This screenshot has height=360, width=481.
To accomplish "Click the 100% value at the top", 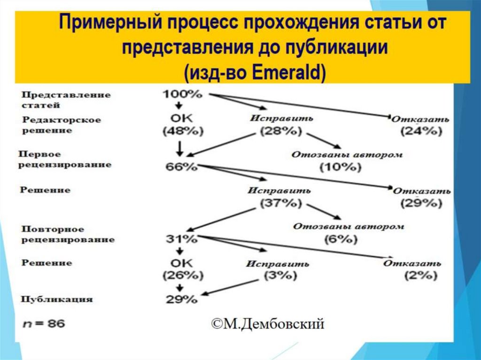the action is click(x=183, y=94).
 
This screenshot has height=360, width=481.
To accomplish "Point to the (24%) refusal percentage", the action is click(x=421, y=132).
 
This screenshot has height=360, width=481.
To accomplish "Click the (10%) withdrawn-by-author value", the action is click(x=337, y=167).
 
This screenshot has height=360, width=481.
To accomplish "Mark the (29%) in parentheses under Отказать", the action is click(x=421, y=203).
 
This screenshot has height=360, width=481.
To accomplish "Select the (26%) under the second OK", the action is click(x=181, y=275).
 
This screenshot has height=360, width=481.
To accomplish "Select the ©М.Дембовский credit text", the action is click(x=267, y=324).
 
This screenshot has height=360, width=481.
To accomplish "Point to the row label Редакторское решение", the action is click(x=61, y=125).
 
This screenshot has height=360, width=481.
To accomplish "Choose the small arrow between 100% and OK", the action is click(x=179, y=105).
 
